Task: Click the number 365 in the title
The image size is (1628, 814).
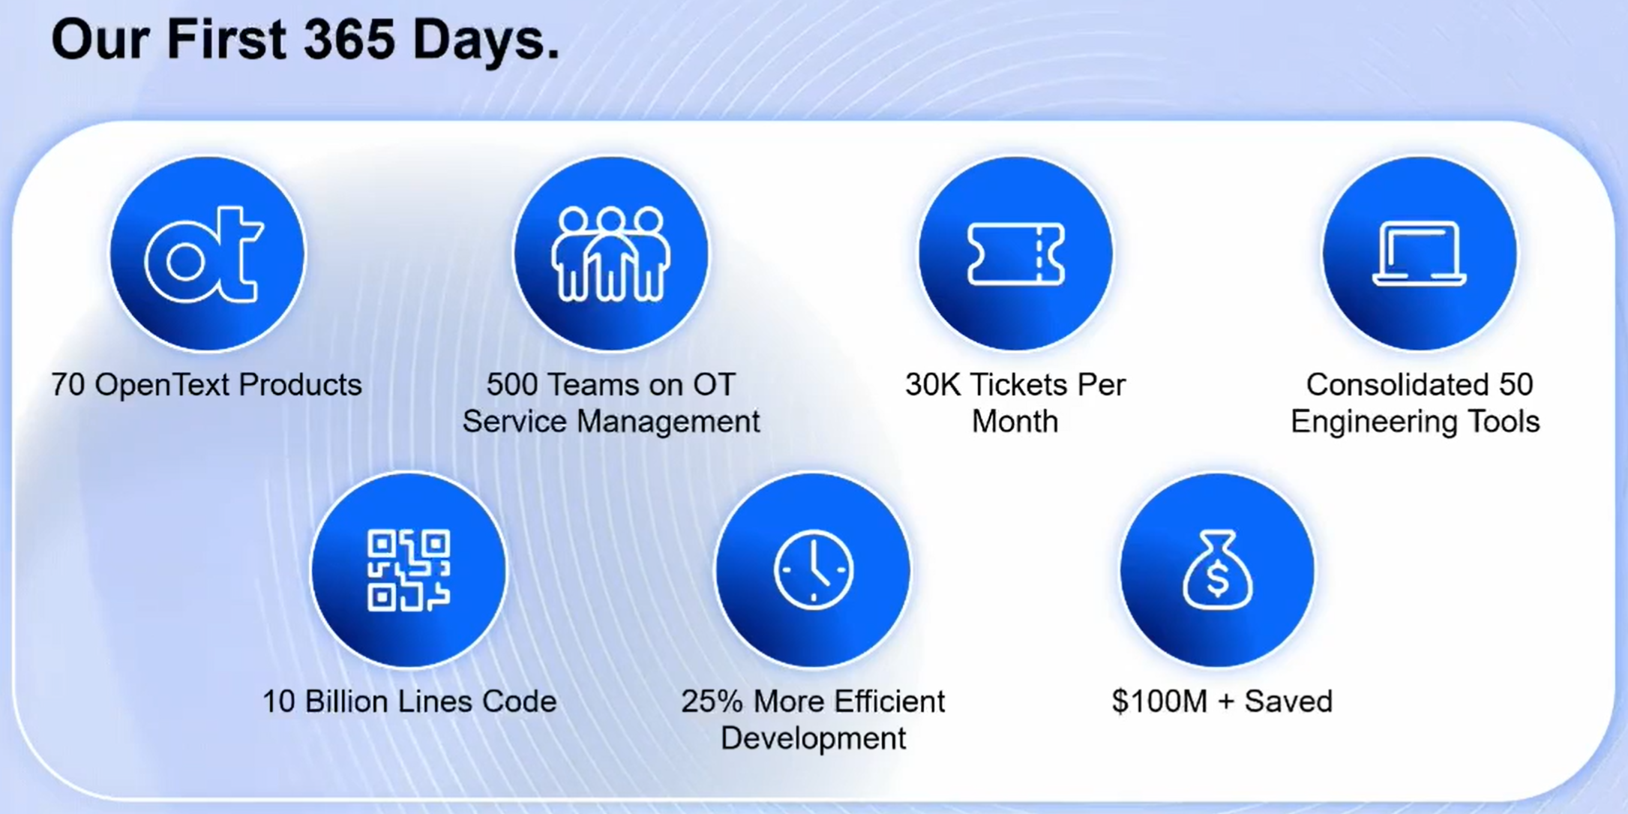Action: [x=348, y=40]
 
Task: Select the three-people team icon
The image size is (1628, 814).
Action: [x=610, y=254]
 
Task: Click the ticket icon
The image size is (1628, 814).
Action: [x=1015, y=254]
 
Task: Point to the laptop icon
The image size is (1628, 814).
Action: [x=1419, y=254]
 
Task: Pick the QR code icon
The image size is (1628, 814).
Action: [x=409, y=570]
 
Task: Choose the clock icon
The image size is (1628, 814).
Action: [x=814, y=569]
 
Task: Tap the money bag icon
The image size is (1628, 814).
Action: [x=1217, y=569]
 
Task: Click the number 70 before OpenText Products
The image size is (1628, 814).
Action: [x=68, y=385]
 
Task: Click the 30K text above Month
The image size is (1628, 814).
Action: [x=933, y=385]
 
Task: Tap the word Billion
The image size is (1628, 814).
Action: [x=346, y=702]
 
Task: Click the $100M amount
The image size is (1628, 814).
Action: [x=1160, y=702]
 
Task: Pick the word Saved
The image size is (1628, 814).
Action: [x=1288, y=702]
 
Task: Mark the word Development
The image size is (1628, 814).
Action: [x=814, y=739]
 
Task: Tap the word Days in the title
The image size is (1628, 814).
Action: [x=487, y=41]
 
